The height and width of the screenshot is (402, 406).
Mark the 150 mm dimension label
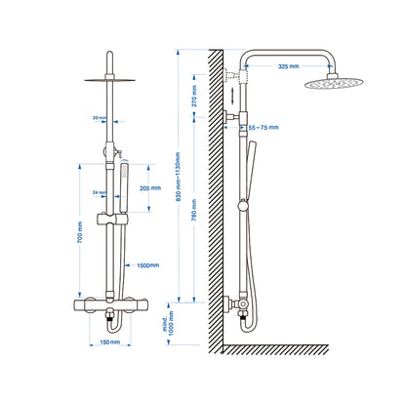click(110, 342)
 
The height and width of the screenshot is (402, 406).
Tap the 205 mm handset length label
click(151, 188)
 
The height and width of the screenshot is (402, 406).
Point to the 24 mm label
click(99, 192)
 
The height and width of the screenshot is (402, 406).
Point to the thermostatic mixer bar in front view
click(110, 307)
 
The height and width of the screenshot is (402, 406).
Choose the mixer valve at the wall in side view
click(237, 305)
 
